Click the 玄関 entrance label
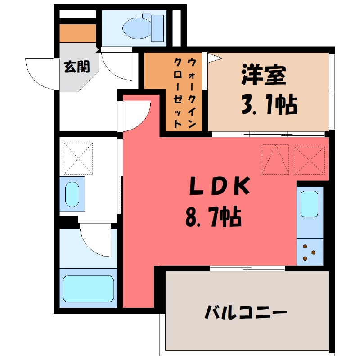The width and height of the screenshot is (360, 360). pyautogui.click(x=76, y=67)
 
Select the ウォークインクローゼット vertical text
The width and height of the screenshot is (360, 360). pyautogui.click(x=185, y=92)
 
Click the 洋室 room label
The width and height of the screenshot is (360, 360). pyautogui.click(x=264, y=75)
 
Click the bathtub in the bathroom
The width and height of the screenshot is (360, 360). pyautogui.click(x=88, y=288)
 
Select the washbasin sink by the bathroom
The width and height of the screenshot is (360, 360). pyautogui.click(x=72, y=193)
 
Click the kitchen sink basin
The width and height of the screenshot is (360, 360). pyautogui.click(x=310, y=204)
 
